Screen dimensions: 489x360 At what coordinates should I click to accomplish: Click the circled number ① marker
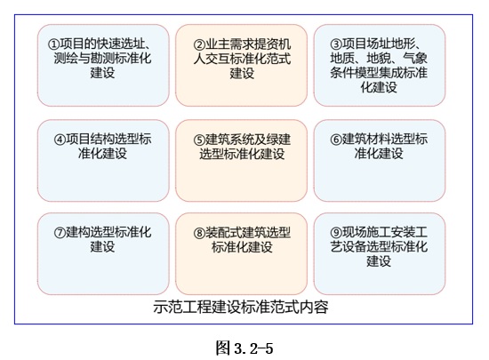(x=53, y=44)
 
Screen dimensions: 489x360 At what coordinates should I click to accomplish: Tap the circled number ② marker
(x=199, y=44)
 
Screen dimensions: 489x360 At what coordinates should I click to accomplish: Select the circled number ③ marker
(x=336, y=44)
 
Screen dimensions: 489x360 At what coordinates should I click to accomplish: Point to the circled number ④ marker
(x=60, y=140)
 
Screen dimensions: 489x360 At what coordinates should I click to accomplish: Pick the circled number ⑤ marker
(x=199, y=140)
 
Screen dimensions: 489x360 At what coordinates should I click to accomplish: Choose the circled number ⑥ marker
(x=336, y=140)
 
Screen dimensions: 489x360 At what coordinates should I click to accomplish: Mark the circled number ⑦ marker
(x=60, y=233)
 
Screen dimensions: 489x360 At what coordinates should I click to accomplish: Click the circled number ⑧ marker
(x=199, y=233)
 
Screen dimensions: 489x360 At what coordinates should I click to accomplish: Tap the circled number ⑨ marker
(x=336, y=233)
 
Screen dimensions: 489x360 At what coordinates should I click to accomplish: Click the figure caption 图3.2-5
(x=244, y=348)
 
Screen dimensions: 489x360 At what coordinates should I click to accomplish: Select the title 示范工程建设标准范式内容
(x=241, y=307)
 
